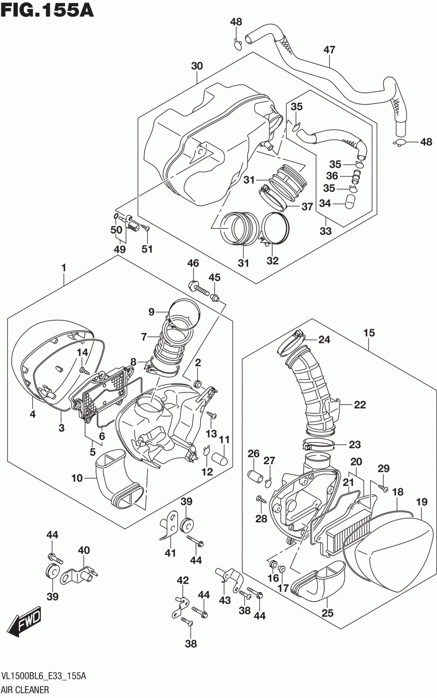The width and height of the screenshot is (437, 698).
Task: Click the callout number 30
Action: (197, 66)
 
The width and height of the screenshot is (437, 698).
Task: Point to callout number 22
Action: (360, 405)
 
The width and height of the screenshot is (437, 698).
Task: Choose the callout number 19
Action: (421, 502)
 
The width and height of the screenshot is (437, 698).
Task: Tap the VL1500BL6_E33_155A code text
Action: (44, 676)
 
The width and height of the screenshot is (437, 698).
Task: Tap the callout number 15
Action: (369, 333)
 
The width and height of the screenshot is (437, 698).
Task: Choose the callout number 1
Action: (64, 268)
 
